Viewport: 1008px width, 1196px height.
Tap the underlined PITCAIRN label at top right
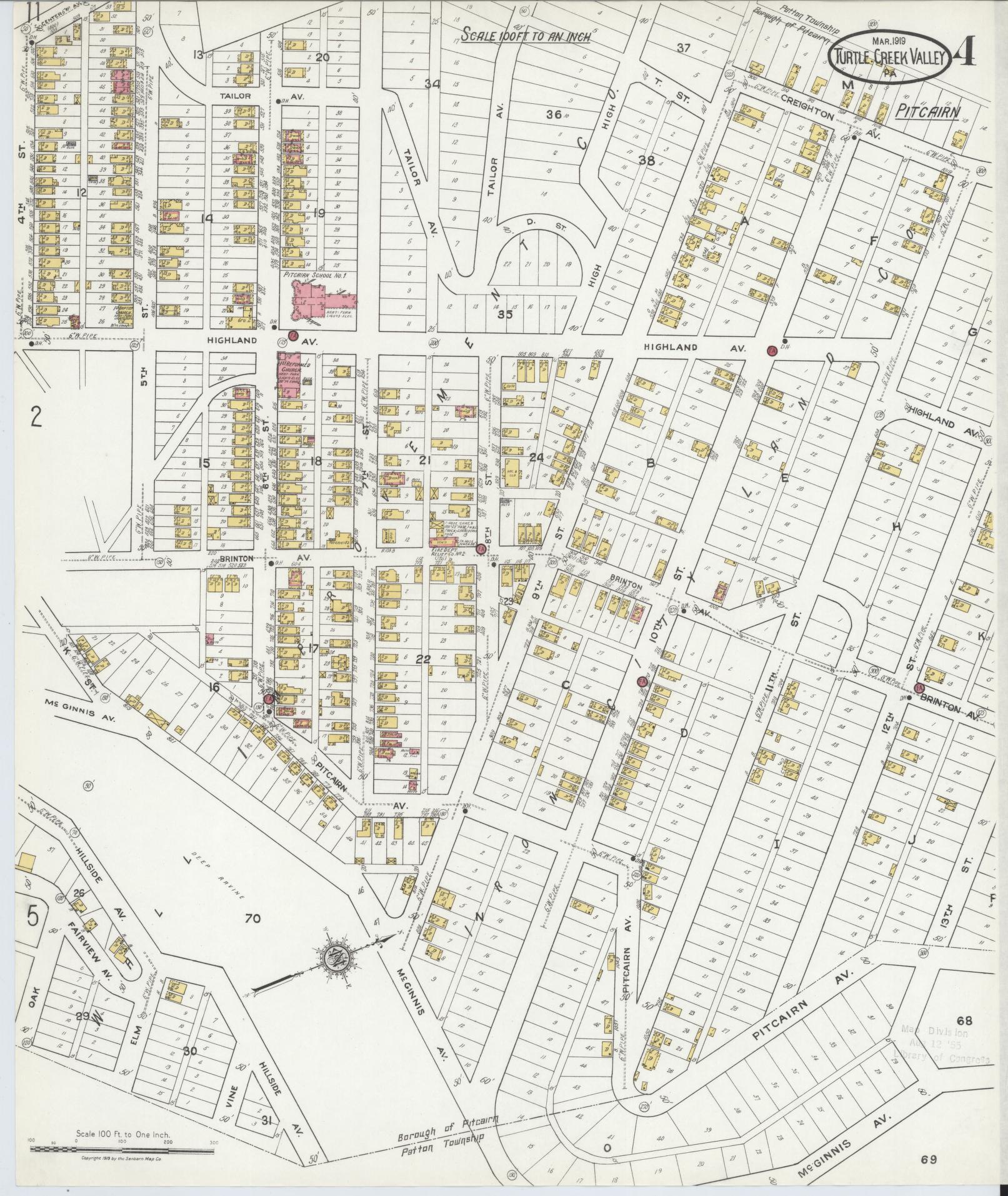pos(927,111)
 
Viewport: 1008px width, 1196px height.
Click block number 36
pos(554,114)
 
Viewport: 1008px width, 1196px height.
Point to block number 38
pos(646,159)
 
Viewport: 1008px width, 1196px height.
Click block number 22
pos(423,659)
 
